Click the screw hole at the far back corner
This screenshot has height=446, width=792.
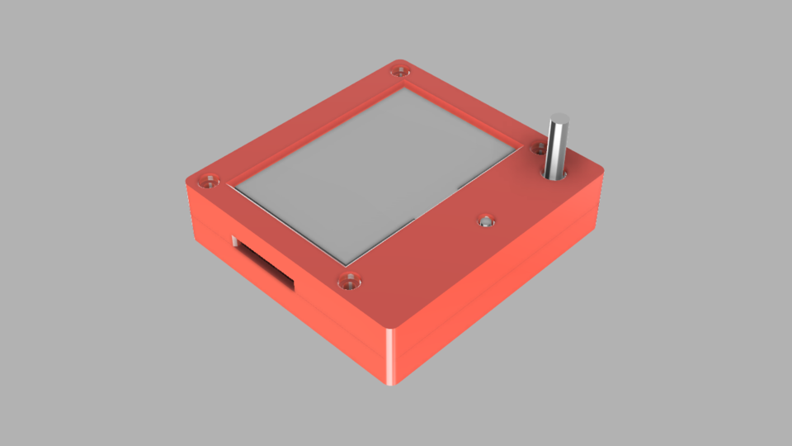(x=402, y=69)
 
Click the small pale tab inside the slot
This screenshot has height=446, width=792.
(x=234, y=242)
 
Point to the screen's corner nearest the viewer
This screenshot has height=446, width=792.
(x=346, y=263)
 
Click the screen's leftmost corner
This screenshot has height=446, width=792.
(x=234, y=187)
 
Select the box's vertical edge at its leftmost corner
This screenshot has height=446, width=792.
(x=191, y=211)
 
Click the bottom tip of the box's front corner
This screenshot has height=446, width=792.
(x=394, y=384)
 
